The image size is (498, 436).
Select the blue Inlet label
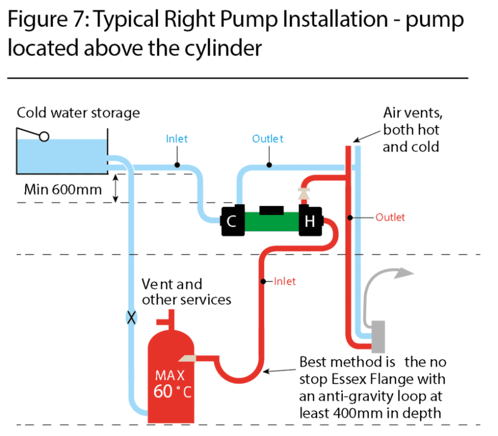[177, 139]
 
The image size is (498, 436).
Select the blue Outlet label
[268, 139]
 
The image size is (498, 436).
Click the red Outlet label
[390, 217]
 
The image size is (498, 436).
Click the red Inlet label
[285, 282]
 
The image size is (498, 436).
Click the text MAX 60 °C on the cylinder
[170, 384]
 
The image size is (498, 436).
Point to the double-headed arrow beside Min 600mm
[116, 189]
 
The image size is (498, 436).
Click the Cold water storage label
[78, 113]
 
